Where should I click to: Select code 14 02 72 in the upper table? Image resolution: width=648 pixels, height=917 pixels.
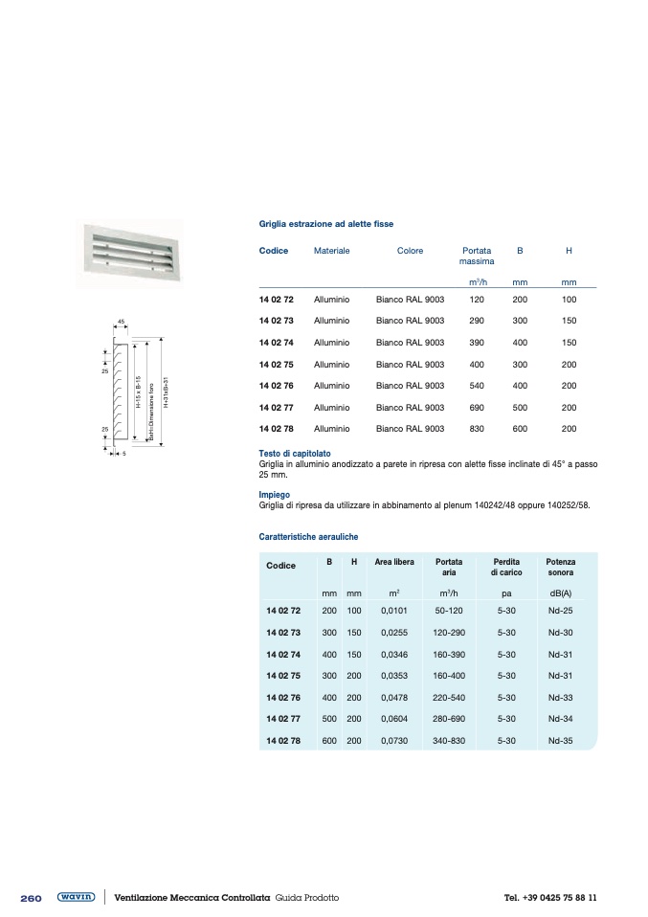(276, 300)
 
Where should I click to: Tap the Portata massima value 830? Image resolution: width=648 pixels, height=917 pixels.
(477, 429)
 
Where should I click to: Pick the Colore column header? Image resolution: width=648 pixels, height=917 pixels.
(410, 251)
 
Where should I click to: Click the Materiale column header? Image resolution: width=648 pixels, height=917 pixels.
(331, 251)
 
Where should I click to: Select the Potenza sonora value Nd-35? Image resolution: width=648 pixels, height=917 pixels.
(560, 741)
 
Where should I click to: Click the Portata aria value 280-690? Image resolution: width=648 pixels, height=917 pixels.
(448, 720)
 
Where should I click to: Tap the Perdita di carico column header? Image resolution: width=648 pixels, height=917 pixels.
(506, 567)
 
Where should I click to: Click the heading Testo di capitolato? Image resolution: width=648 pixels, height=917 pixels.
(295, 453)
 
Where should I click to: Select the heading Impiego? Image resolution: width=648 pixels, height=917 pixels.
(274, 495)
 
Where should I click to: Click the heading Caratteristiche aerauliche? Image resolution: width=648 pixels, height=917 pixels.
(308, 537)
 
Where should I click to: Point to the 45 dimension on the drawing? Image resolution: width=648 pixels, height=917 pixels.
(121, 321)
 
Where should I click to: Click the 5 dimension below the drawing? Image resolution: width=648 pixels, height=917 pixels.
(124, 453)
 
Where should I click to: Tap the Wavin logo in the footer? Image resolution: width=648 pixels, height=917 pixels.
(76, 898)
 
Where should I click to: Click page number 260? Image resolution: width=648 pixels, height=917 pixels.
(31, 899)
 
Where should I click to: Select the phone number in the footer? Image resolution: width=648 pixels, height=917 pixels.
(550, 898)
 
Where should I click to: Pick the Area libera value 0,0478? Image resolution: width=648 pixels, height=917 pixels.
(394, 698)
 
